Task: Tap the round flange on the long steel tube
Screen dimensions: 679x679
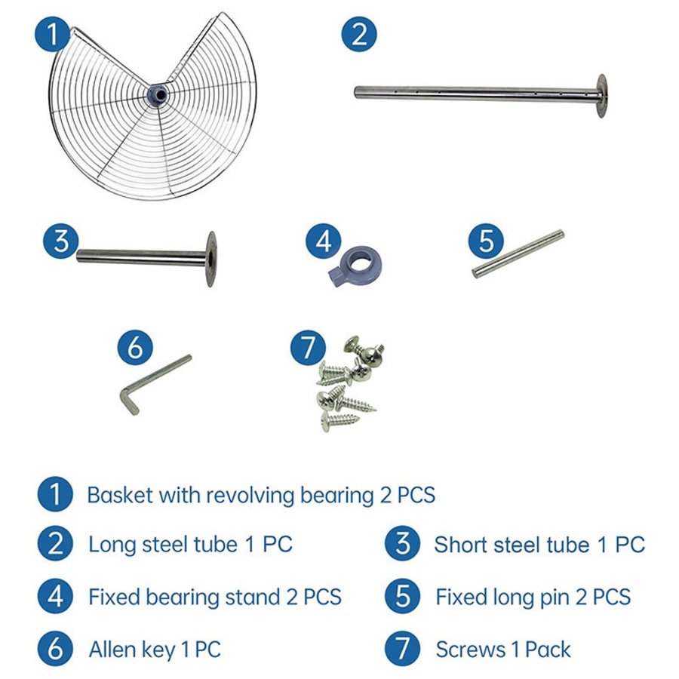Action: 601,96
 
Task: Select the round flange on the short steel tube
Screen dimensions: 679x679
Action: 211,259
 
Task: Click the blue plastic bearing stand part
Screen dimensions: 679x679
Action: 355,266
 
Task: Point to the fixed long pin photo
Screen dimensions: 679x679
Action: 518,253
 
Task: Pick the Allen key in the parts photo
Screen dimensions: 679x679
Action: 154,384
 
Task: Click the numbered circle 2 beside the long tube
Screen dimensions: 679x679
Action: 359,34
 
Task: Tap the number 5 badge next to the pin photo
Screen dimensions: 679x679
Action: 486,241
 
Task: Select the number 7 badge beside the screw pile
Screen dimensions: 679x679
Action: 308,347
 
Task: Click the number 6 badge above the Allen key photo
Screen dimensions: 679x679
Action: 135,347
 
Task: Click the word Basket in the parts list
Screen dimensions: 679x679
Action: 120,495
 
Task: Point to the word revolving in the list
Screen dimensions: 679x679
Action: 250,496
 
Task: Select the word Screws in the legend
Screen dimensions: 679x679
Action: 471,650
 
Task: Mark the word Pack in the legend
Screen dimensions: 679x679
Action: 548,650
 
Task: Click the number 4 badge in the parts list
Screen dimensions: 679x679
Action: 55,597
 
